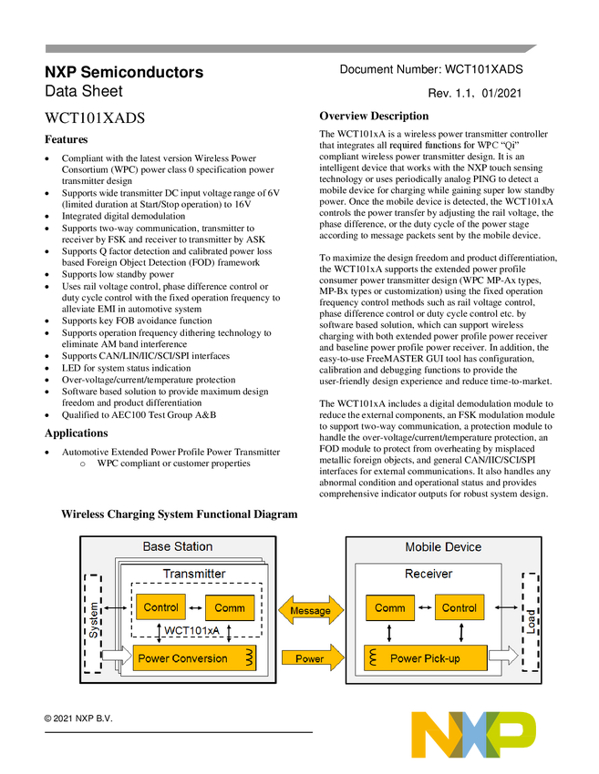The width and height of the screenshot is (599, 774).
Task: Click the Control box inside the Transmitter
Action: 160,607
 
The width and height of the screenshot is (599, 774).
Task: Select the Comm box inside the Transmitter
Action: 230,608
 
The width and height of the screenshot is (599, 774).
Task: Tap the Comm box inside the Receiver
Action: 390,608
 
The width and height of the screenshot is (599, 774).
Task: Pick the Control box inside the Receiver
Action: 459,608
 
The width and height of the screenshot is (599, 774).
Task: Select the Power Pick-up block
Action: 425,658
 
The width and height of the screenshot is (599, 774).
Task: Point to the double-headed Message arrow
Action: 310,610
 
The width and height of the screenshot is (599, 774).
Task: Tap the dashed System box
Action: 93,623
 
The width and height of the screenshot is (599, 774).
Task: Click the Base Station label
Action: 178,547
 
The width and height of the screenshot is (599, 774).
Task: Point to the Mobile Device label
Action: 443,547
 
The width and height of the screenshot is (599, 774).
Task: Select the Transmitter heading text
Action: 194,574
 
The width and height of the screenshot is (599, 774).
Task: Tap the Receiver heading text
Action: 429,574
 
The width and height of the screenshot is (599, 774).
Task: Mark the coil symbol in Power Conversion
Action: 248,657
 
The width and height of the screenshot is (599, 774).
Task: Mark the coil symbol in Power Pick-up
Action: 373,657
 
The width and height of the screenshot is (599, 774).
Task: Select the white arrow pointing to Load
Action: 503,655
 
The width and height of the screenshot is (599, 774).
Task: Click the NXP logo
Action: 474,734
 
